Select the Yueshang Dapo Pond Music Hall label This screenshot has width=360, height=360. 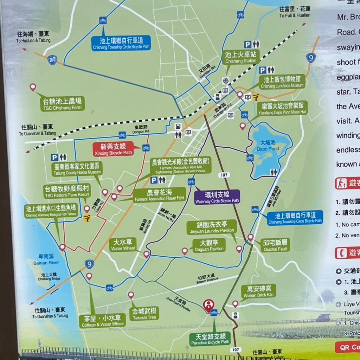pos(282,108)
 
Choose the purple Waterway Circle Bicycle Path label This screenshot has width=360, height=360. pos(217,197)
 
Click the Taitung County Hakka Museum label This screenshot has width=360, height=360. pos(77,169)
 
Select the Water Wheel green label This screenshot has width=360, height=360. pos(122,245)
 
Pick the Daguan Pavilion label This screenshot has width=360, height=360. pos(209,246)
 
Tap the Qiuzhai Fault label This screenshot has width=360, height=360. pos(275,245)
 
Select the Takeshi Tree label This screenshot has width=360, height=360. pos(144,314)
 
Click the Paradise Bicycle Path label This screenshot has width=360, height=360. pos(210,339)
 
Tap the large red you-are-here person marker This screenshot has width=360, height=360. pos(208,305)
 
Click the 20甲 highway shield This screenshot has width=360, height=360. pos(52,60)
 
